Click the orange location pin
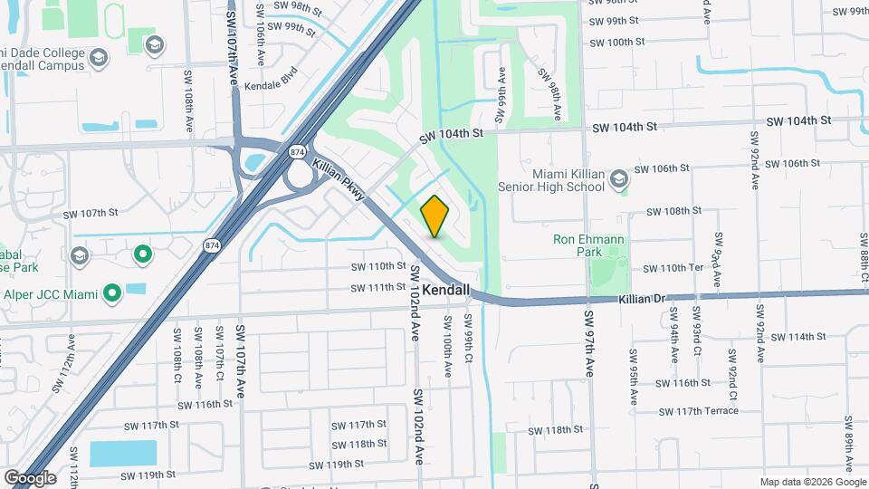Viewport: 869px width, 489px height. (435, 216)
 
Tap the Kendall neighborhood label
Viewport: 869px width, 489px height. (447, 290)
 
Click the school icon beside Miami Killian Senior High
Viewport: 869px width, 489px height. (619, 179)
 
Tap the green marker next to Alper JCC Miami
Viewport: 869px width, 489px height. (112, 292)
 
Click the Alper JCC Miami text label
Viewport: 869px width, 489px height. (51, 293)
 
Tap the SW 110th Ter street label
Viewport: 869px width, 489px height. (673, 269)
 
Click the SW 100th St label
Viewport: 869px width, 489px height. (614, 42)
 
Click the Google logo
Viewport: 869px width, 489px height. (30, 477)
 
